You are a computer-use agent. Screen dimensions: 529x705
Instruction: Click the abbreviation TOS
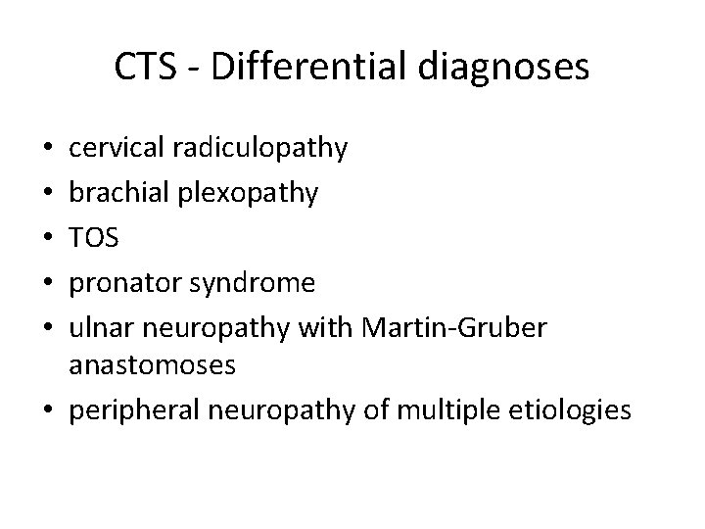click(93, 238)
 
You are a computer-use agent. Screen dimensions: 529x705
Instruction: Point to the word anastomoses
click(153, 365)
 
